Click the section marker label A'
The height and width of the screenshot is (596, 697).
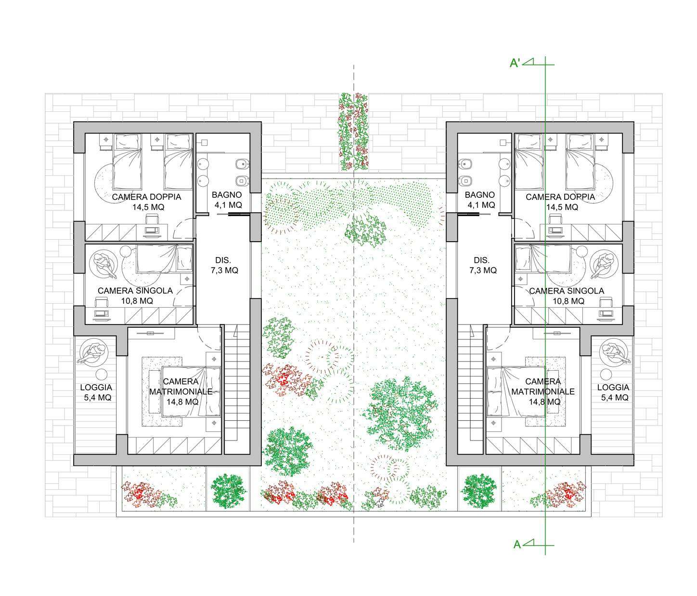click(x=515, y=63)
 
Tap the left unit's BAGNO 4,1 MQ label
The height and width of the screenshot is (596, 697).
click(x=227, y=200)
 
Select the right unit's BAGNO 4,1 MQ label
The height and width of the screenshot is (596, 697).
click(x=480, y=200)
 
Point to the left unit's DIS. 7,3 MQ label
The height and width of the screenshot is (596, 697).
click(x=224, y=265)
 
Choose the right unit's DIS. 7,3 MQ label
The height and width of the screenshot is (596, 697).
click(x=482, y=265)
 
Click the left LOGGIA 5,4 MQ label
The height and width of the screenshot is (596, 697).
click(x=96, y=392)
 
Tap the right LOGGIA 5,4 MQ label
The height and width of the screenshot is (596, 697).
click(x=613, y=392)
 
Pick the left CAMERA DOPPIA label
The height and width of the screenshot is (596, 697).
click(x=146, y=197)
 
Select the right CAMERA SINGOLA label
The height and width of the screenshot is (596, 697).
click(x=567, y=291)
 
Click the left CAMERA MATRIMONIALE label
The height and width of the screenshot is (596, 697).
click(x=181, y=387)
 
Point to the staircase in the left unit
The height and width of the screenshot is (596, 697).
click(x=237, y=389)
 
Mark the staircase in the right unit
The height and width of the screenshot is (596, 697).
click(x=470, y=389)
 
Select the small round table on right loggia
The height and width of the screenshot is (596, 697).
click(x=606, y=375)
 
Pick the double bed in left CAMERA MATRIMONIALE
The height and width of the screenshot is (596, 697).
click(x=191, y=391)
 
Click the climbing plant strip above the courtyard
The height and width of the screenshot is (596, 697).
click(x=353, y=131)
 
